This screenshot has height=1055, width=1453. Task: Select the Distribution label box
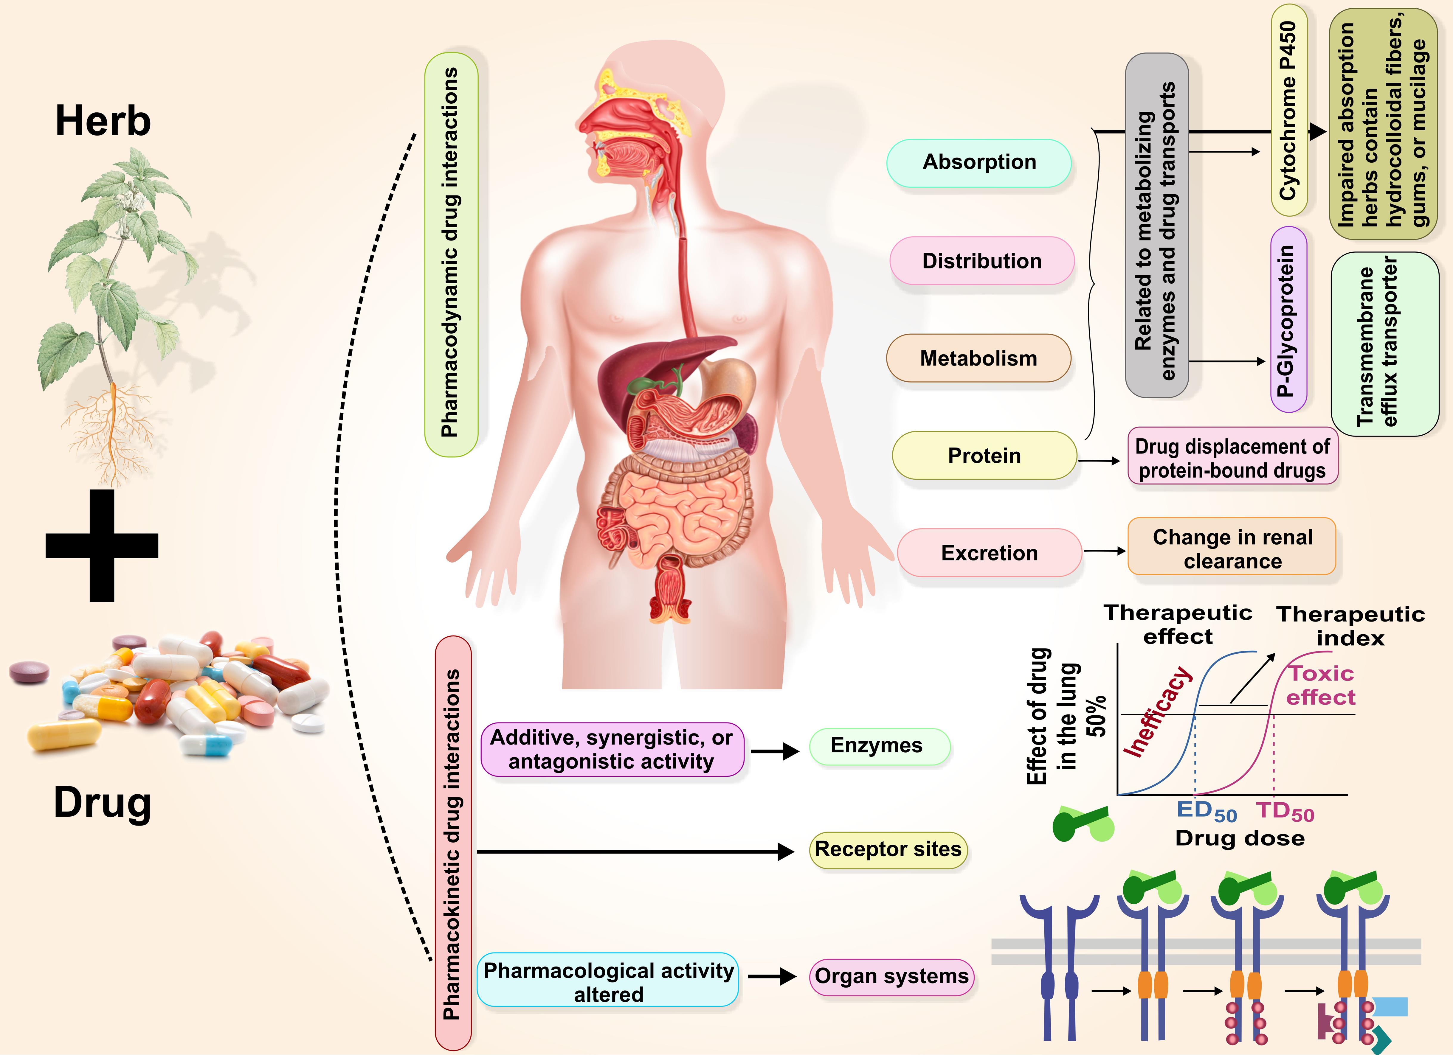coord(981,261)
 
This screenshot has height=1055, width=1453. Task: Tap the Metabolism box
coord(978,358)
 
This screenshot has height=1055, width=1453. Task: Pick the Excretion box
coord(989,552)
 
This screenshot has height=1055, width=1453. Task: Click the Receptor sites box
coord(888,849)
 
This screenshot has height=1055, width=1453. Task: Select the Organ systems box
coord(891,976)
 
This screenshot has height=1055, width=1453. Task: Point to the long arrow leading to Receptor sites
coord(634,851)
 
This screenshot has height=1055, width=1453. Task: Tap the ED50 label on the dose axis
coord(1206,811)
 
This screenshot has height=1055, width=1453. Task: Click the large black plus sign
coord(102,545)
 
